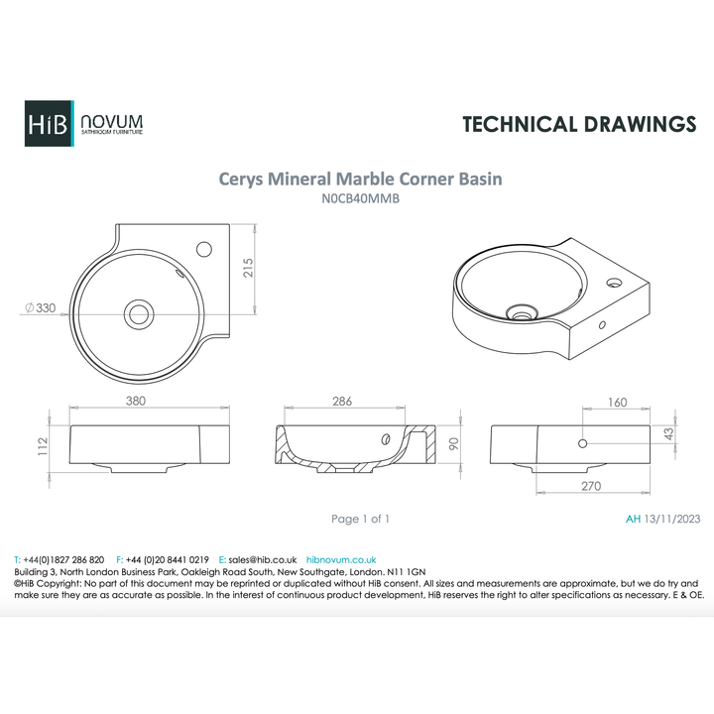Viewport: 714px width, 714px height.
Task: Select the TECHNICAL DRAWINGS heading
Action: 579,124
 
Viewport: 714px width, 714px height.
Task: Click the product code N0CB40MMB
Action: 360,198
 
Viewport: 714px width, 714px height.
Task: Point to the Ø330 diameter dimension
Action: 40,308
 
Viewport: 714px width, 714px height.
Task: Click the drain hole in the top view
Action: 140,312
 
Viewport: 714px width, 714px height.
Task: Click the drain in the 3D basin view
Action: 519,312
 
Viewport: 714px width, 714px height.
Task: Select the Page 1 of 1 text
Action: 360,519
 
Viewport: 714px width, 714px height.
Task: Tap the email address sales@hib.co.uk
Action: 258,560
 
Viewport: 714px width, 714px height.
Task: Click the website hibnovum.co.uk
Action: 341,560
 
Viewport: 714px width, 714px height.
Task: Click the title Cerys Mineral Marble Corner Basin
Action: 360,179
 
